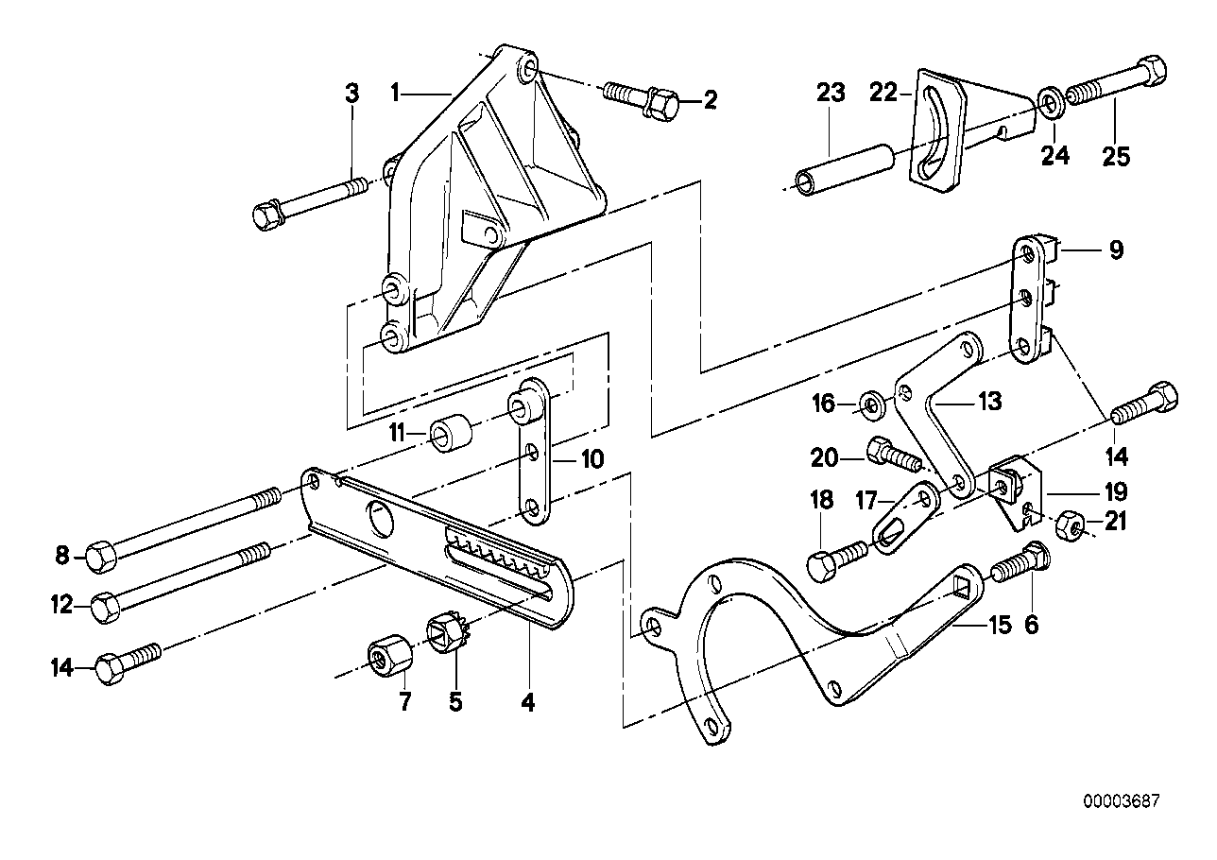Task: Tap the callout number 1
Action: pyautogui.click(x=397, y=93)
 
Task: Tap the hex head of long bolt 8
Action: pyautogui.click(x=100, y=557)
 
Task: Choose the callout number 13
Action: pyautogui.click(x=988, y=404)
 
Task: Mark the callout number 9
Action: pyautogui.click(x=1116, y=250)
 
